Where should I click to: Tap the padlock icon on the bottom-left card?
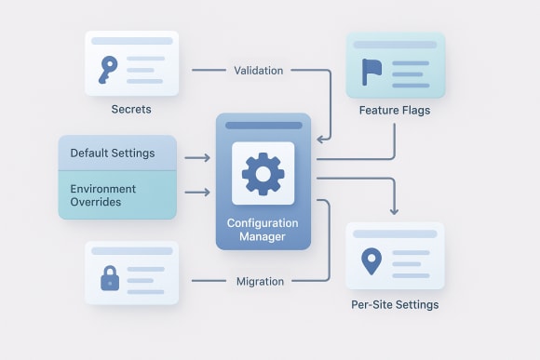click(x=110, y=277)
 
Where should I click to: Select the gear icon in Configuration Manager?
click(x=263, y=173)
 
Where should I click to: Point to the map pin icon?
click(x=371, y=260)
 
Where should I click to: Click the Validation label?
click(x=260, y=70)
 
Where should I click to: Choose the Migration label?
click(x=260, y=281)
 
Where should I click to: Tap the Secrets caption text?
click(x=130, y=110)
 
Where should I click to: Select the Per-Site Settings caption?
click(x=395, y=304)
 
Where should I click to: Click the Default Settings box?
click(x=116, y=153)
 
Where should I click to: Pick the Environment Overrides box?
click(x=116, y=195)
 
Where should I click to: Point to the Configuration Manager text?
click(x=263, y=230)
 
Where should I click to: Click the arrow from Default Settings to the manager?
click(x=196, y=158)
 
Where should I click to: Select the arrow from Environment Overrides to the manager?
click(x=196, y=193)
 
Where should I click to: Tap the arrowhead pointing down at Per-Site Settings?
click(x=395, y=209)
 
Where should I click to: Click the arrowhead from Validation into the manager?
click(x=322, y=140)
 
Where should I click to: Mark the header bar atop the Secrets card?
click(x=130, y=41)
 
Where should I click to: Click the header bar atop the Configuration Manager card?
click(x=263, y=125)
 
